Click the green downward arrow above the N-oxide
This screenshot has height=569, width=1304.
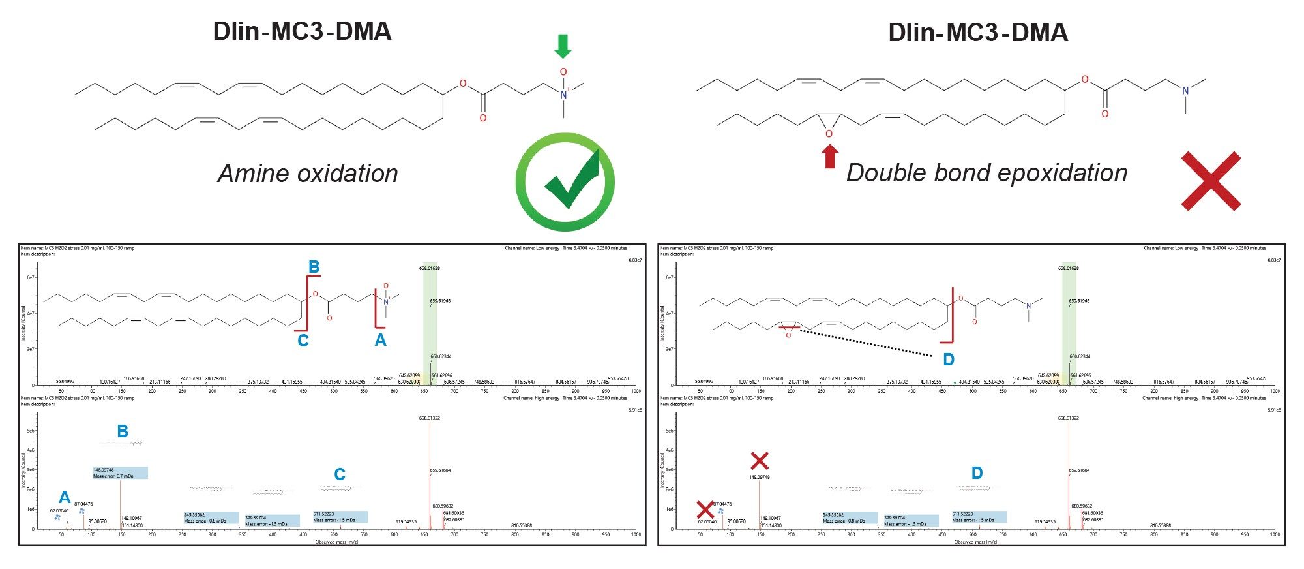point(563,46)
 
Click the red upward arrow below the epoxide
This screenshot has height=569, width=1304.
point(829,157)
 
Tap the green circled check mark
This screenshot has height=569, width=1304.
point(565,181)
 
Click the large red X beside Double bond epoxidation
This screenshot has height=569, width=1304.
point(1211,181)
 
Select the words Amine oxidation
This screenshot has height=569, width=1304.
point(308,174)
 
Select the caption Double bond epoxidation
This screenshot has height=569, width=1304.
point(986,173)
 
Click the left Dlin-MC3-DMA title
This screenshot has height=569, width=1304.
point(302,31)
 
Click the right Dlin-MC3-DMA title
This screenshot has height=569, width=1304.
point(978,32)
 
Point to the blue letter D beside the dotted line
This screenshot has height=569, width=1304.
point(949,360)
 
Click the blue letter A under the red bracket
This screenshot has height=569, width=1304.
point(380,340)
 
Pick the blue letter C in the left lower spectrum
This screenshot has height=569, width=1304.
point(340,474)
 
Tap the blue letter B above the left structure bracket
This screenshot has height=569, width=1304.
point(314,267)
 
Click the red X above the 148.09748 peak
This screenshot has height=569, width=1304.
point(759,461)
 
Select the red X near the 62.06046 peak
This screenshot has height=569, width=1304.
point(704,510)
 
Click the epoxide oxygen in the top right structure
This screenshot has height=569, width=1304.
point(829,134)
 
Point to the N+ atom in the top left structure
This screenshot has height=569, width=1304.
point(564,95)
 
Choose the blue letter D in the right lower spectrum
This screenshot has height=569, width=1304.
point(977,473)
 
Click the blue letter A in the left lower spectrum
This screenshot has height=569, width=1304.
point(64,498)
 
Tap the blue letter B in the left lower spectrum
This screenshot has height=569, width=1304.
point(123,431)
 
